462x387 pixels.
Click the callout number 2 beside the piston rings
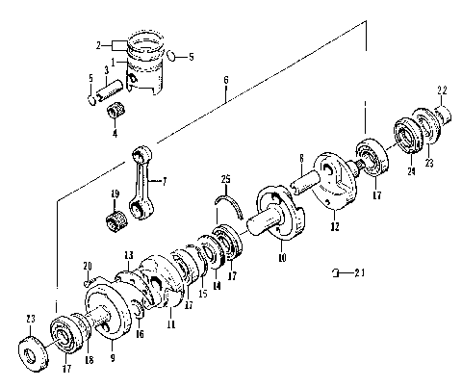(98, 45)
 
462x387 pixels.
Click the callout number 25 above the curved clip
(226, 179)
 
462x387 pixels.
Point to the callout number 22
(442, 90)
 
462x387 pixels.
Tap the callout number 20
(88, 265)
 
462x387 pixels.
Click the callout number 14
(217, 284)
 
